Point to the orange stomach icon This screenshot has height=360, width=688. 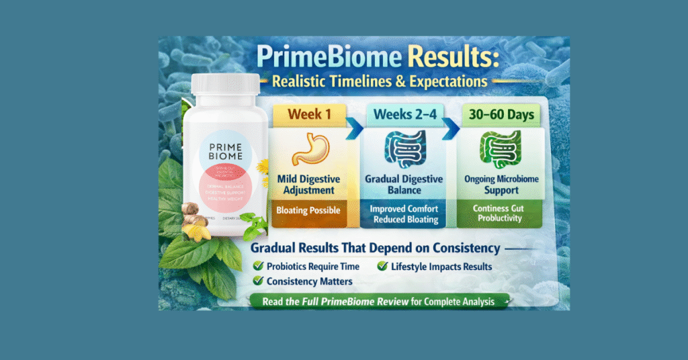(310, 149)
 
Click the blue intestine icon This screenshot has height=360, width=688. (403, 150)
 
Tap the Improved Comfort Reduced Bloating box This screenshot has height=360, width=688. (404, 214)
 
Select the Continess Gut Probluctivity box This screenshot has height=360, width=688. (498, 214)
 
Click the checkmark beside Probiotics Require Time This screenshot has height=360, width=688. (257, 267)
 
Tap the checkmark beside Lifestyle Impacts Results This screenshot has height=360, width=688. (382, 267)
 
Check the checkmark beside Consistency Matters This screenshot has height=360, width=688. (257, 281)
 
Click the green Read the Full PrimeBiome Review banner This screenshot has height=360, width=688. (380, 302)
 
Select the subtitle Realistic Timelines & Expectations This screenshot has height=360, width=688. (380, 82)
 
